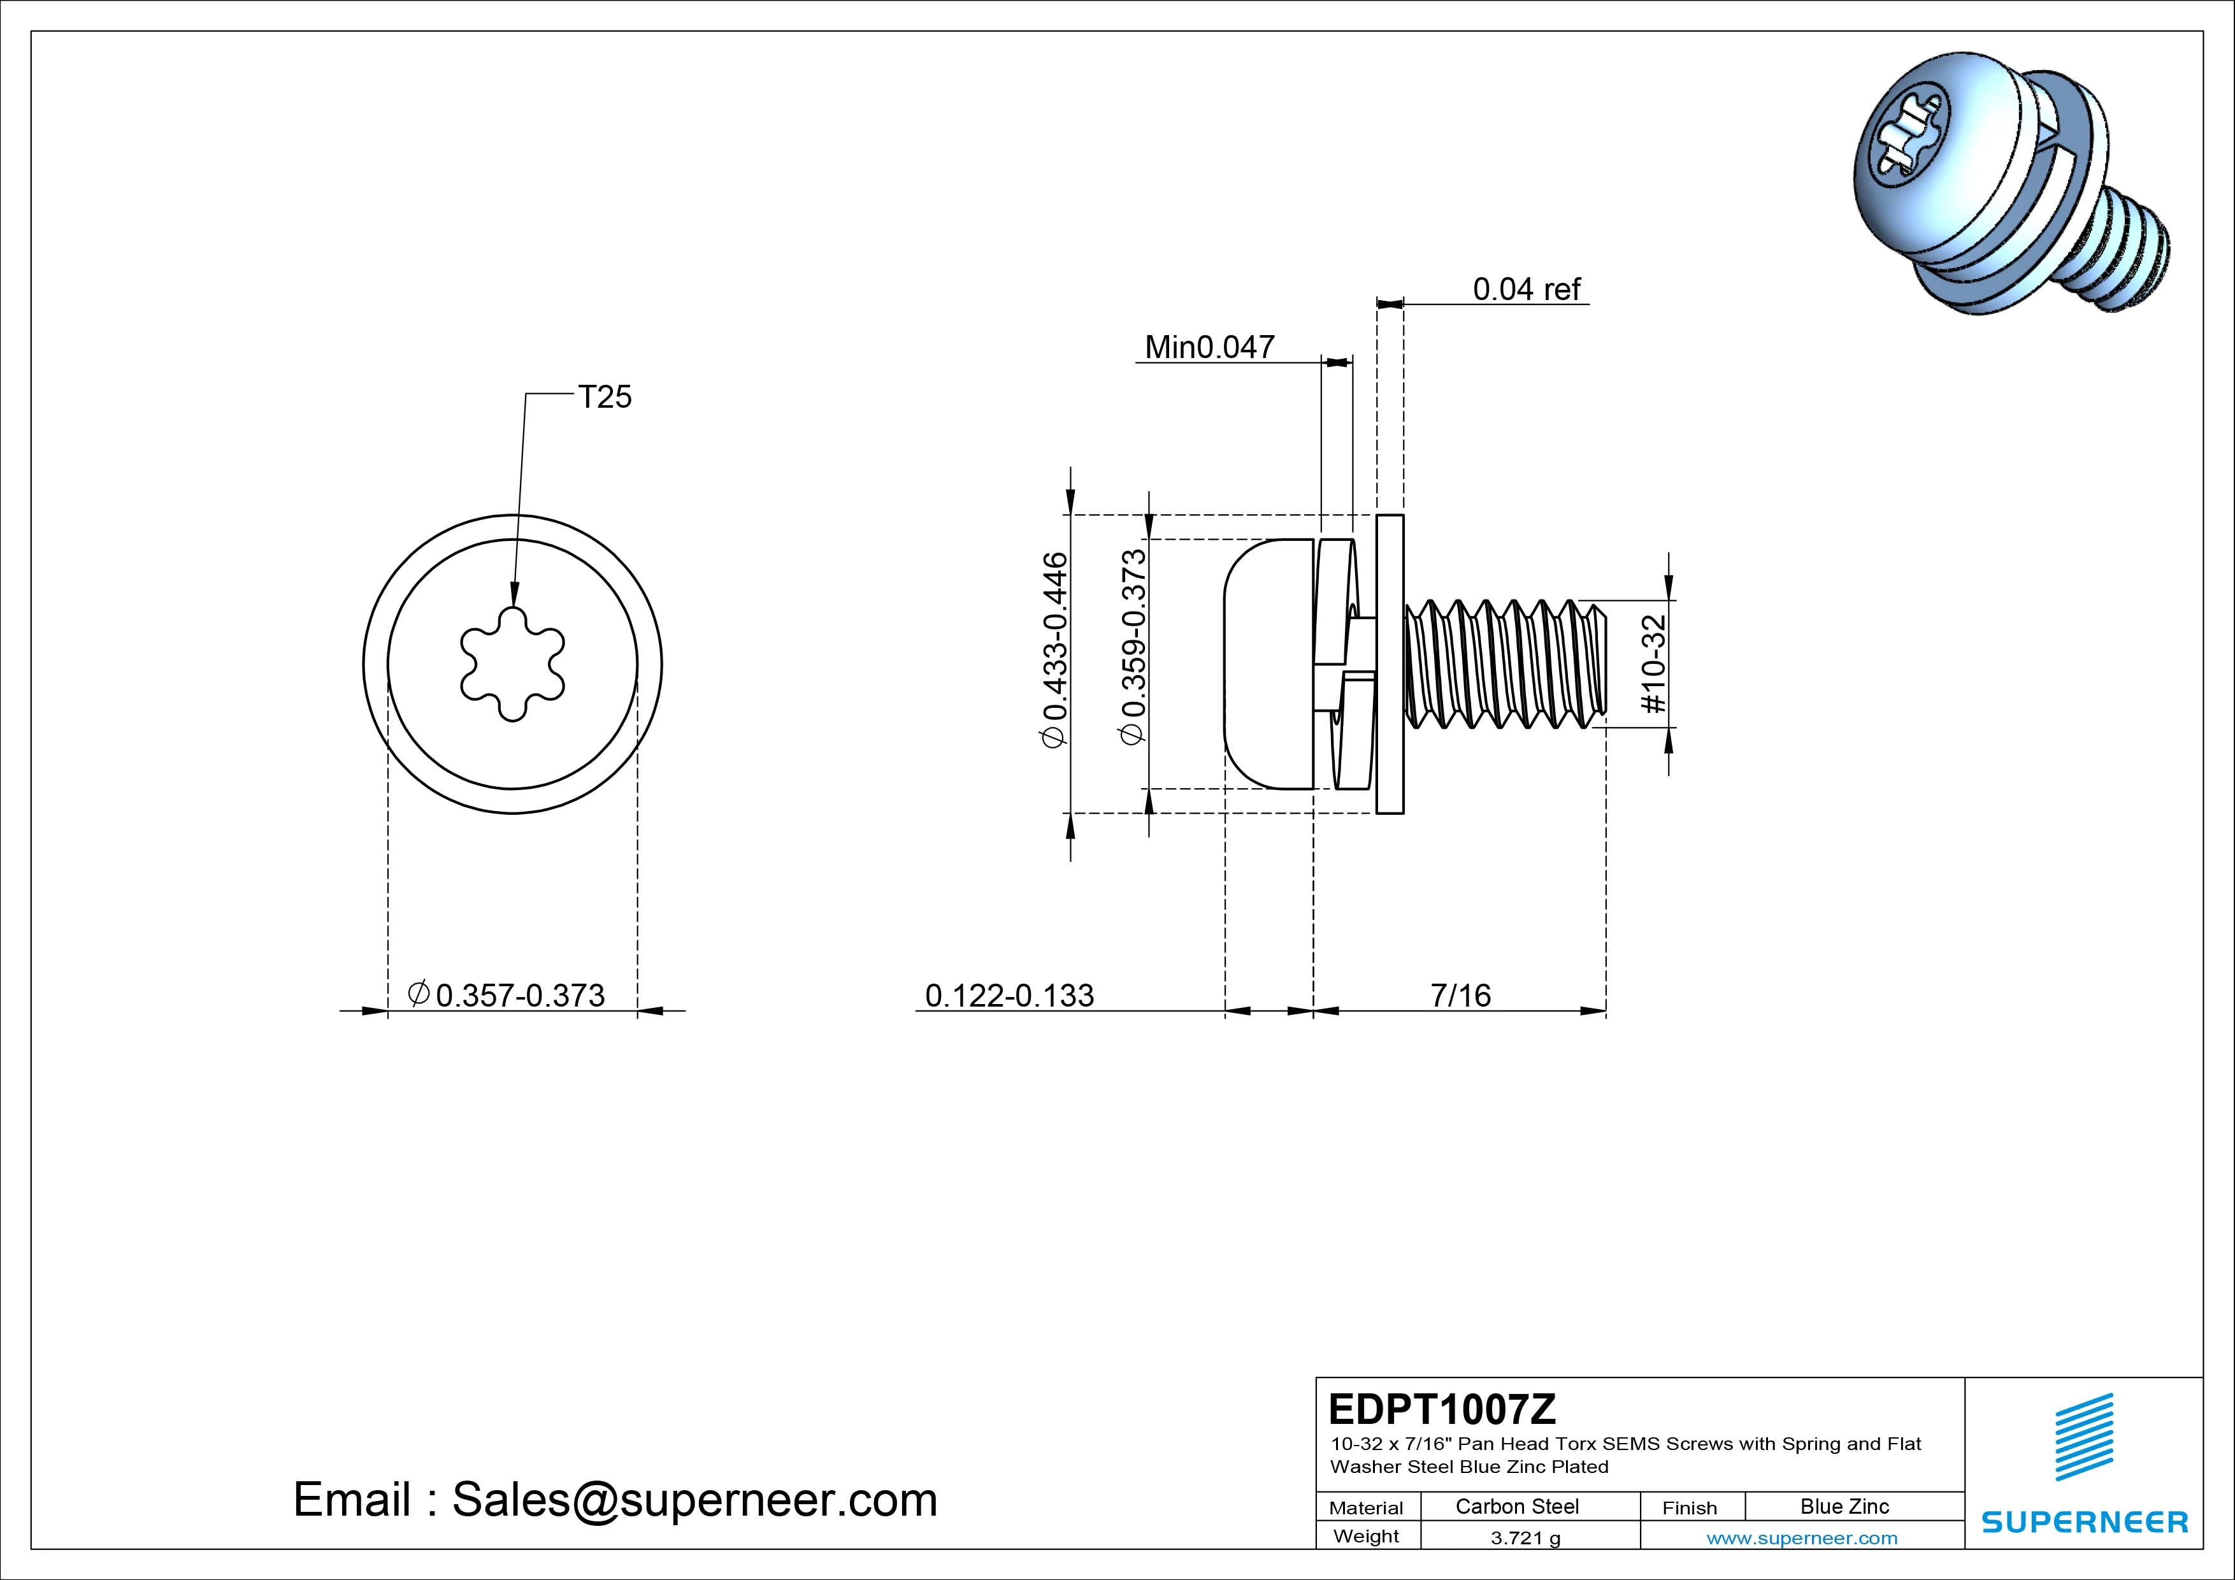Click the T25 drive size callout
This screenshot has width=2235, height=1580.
click(x=605, y=397)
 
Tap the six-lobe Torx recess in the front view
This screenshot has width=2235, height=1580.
click(x=512, y=664)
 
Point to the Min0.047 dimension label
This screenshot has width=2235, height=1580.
click(x=1209, y=348)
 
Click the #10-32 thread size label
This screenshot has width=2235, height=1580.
click(x=1654, y=664)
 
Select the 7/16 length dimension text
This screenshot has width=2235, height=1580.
click(x=1460, y=995)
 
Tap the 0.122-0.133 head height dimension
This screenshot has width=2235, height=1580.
click(x=1009, y=995)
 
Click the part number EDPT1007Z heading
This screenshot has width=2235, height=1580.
click(x=1442, y=1409)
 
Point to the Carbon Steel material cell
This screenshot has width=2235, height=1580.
click(x=1516, y=1506)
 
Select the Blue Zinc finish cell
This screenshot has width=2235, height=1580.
click(x=1844, y=1506)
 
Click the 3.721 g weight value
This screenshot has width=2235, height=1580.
click(x=1525, y=1538)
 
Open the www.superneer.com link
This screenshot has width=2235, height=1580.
click(x=1801, y=1538)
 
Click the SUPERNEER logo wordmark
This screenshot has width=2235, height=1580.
click(x=2084, y=1521)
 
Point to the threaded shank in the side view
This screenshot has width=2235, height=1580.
click(x=1504, y=664)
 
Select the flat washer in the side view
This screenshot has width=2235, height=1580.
click(x=1390, y=664)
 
